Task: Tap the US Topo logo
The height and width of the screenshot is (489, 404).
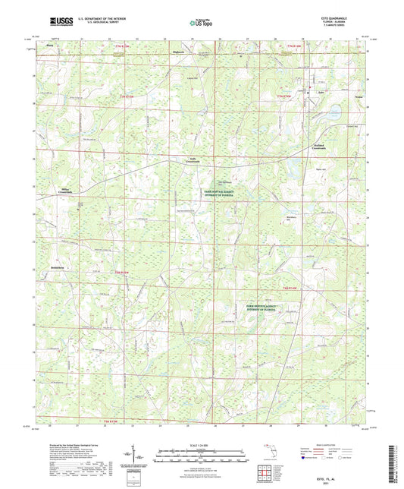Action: tap(202, 24)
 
